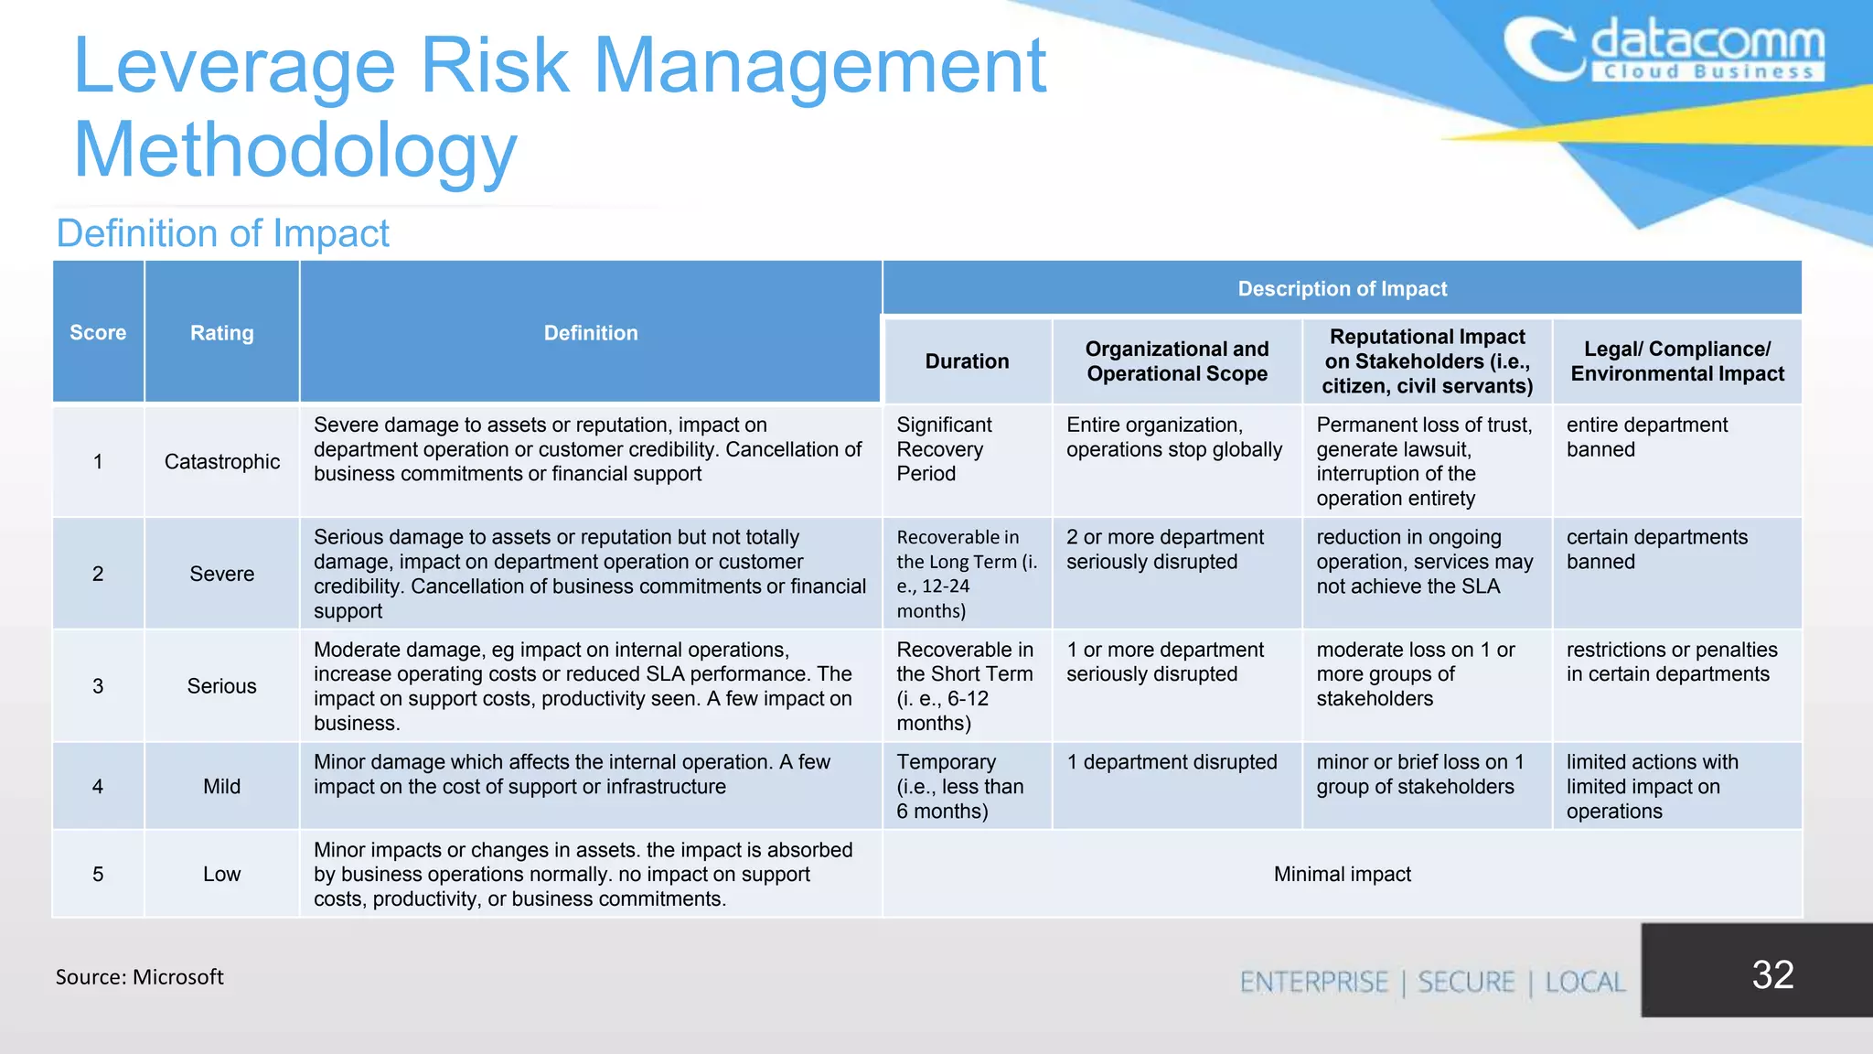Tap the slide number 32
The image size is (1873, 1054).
[x=1772, y=974]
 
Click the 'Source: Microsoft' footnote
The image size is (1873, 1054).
[x=139, y=977]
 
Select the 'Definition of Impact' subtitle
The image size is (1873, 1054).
[x=222, y=233]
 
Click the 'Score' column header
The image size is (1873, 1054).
[x=98, y=333]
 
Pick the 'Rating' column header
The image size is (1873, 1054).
[x=221, y=333]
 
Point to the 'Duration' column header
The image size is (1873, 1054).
[x=967, y=361]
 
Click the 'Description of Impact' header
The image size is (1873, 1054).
[x=1342, y=289]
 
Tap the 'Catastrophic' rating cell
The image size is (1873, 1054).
[x=221, y=462]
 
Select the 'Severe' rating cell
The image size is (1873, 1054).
[x=221, y=574]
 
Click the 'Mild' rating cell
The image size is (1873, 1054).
[x=221, y=787]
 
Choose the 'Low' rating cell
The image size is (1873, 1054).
[x=221, y=875]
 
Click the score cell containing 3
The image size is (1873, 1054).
[x=98, y=686]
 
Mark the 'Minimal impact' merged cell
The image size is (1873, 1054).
[x=1342, y=875]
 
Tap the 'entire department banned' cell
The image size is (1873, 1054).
[x=1646, y=437]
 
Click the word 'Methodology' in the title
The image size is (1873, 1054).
[x=295, y=150]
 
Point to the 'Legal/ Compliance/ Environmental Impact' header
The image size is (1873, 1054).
[x=1677, y=361]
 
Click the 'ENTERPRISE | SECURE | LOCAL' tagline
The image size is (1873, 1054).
[x=1432, y=983]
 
